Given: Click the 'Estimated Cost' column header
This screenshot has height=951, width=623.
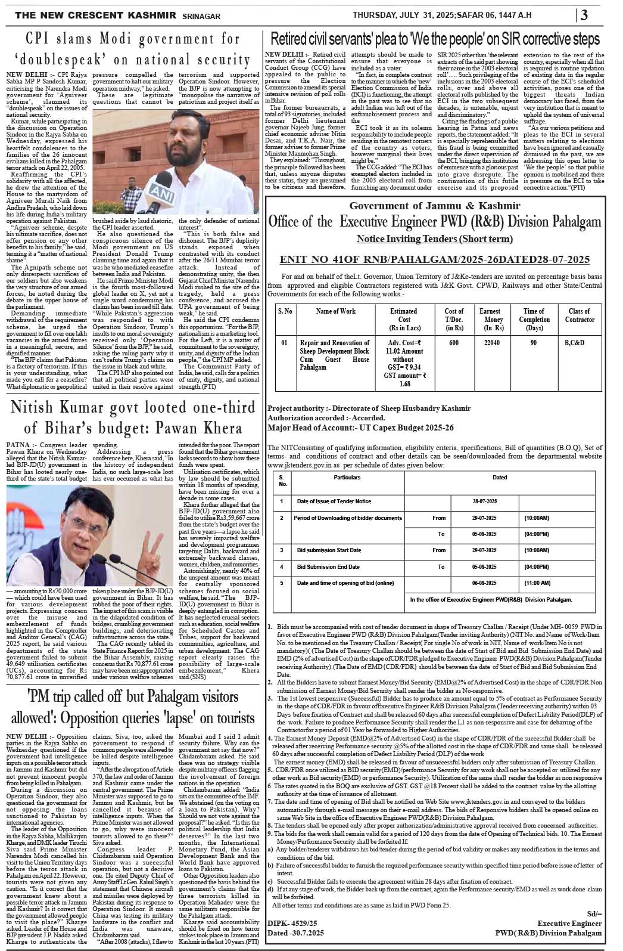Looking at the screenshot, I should point(403,319).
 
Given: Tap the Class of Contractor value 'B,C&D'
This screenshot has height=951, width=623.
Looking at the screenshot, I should point(574,343).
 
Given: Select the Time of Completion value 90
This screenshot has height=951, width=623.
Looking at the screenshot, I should point(533,343).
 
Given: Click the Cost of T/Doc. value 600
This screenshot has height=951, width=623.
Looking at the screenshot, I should point(454,343).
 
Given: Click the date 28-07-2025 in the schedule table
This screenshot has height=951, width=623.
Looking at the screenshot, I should point(484,501).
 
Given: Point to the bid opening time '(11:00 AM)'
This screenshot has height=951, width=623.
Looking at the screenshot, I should point(537,583).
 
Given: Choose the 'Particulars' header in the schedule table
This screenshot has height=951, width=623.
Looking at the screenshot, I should point(347,478).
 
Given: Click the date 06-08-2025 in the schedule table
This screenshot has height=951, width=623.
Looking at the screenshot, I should point(484,583).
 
